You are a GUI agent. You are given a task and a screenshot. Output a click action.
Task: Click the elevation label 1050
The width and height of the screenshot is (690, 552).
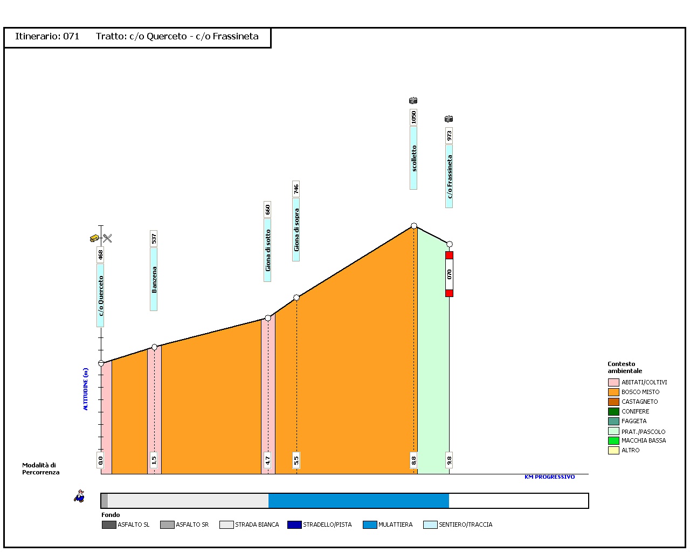pyautogui.click(x=413, y=117)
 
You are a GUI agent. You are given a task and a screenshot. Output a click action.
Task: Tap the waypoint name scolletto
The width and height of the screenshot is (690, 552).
pyautogui.click(x=413, y=158)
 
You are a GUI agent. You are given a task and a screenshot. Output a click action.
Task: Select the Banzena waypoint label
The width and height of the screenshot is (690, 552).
pyautogui.click(x=154, y=279)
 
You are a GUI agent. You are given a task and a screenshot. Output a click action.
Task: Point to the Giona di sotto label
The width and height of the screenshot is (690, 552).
pyautogui.click(x=267, y=250)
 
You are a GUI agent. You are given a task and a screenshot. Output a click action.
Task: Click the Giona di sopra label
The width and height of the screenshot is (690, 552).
pyautogui.click(x=296, y=230)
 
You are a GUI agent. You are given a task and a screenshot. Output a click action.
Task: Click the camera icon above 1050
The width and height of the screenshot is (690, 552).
pyautogui.click(x=413, y=101)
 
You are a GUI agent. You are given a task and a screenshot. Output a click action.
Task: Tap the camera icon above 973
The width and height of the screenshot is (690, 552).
pyautogui.click(x=448, y=119)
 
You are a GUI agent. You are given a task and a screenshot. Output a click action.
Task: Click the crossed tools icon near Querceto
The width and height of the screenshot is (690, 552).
pyautogui.click(x=107, y=238)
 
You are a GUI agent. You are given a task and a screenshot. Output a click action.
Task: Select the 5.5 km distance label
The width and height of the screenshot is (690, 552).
pyautogui.click(x=296, y=460)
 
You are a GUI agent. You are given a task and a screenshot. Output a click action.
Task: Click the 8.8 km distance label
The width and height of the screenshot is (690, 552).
pyautogui.click(x=413, y=460)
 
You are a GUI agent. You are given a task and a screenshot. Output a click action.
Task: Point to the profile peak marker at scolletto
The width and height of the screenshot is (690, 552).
pyautogui.click(x=414, y=226)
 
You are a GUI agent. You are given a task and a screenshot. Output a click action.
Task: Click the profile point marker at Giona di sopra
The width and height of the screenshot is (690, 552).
pyautogui.click(x=296, y=298)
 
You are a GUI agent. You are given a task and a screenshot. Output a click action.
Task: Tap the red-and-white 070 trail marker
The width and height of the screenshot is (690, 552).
pyautogui.click(x=449, y=274)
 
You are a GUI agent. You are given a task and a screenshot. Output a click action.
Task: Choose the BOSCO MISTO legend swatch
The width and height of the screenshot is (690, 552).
pyautogui.click(x=613, y=392)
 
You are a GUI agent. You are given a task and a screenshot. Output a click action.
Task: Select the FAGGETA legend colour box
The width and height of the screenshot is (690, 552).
pyautogui.click(x=613, y=421)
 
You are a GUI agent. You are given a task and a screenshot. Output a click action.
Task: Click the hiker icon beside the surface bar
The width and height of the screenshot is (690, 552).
pyautogui.click(x=80, y=496)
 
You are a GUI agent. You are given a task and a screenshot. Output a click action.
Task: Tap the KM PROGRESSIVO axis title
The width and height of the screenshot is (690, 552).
pyautogui.click(x=549, y=477)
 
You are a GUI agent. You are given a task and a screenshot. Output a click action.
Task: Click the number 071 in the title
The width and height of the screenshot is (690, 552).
pyautogui.click(x=71, y=37)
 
